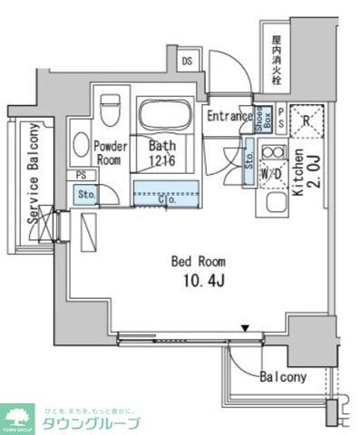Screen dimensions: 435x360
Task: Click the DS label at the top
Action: coord(188,61)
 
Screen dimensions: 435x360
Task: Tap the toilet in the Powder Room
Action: coord(111,109)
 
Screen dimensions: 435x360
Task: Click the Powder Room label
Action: coord(109,152)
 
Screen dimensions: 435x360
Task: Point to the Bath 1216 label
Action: coord(163,152)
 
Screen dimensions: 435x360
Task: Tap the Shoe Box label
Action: coord(258,118)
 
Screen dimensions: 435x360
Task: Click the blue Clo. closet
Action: coord(165,192)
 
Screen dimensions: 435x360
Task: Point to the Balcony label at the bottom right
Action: coord(284,377)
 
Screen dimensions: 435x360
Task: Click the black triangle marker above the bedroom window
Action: coord(244,328)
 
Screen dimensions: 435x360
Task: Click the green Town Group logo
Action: coord(17,417)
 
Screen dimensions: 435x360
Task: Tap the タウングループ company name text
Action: coord(89,423)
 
